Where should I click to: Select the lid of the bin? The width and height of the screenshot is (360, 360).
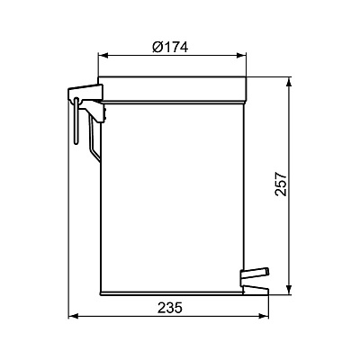tap(171, 86)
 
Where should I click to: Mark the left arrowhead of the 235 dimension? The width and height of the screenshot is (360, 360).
tap(74, 316)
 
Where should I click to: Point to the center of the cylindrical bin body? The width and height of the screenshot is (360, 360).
tap(171, 189)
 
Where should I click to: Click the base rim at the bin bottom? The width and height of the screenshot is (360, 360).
tap(171, 290)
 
